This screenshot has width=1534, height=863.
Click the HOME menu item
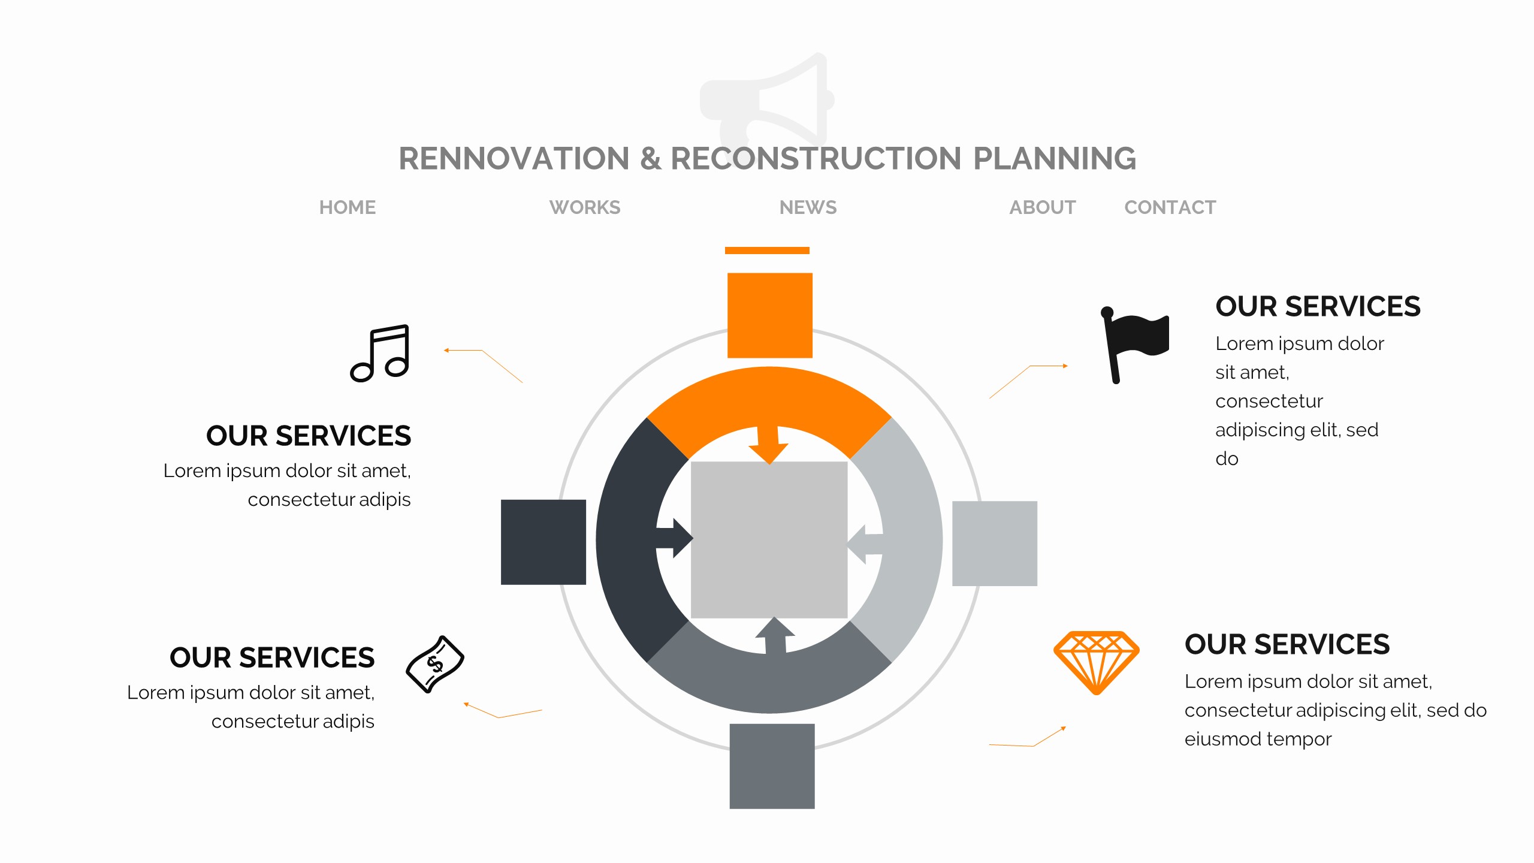[347, 207]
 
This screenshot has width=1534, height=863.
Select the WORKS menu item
[584, 207]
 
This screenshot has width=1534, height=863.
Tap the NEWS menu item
[808, 207]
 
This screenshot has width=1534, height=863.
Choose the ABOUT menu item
[1042, 207]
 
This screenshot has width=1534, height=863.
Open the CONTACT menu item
[1170, 207]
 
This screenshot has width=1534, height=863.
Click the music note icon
[381, 353]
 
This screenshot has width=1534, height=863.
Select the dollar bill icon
[435, 664]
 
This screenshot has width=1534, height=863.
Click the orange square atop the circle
[769, 315]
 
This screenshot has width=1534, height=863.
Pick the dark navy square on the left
[543, 542]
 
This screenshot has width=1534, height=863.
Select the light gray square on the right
[994, 543]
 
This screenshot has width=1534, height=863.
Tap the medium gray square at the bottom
[772, 766]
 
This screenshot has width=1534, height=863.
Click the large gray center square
[769, 539]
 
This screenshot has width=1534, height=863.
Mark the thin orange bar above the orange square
[767, 251]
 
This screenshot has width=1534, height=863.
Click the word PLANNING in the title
[1054, 159]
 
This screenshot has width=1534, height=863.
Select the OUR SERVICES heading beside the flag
[1317, 306]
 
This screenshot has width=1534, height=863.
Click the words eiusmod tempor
[1257, 739]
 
